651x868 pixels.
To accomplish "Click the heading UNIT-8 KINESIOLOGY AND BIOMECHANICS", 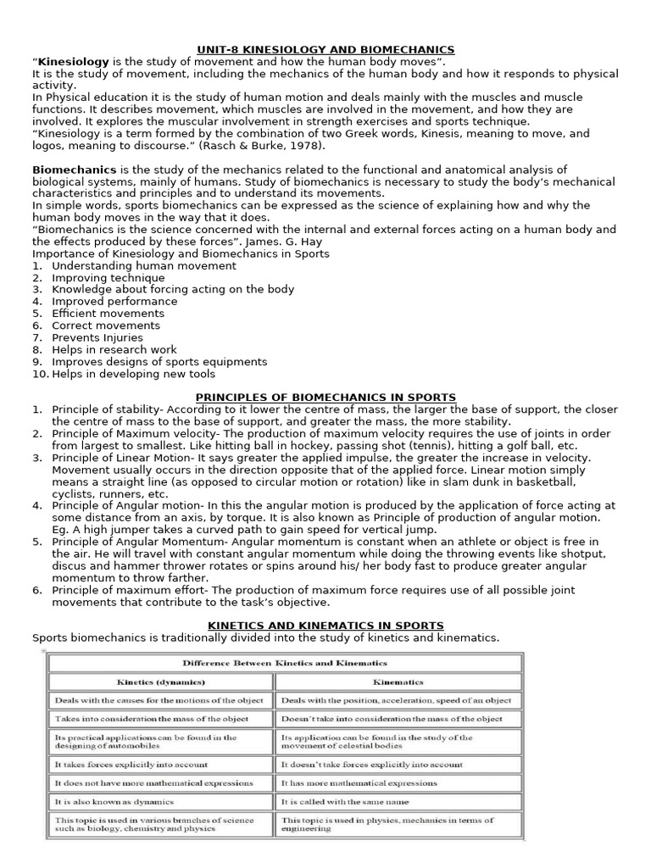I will point(325,50).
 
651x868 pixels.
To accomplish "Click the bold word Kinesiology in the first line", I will point(74,62).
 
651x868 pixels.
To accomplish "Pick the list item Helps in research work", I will point(114,349).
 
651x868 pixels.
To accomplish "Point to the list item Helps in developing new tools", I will point(133,374).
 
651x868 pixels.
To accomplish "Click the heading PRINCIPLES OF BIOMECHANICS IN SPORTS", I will point(325,397).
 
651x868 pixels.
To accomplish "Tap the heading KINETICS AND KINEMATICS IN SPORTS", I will point(325,625).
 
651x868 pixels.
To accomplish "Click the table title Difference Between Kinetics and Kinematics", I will point(285,663).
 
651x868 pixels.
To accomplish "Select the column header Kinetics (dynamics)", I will point(161,681).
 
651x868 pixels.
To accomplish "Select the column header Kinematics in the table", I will point(398,681).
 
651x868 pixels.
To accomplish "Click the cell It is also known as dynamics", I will point(114,801).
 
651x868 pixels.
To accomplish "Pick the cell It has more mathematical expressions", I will point(359,782).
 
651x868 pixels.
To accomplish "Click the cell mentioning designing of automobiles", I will point(145,743).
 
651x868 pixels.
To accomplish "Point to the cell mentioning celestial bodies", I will point(377,743).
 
